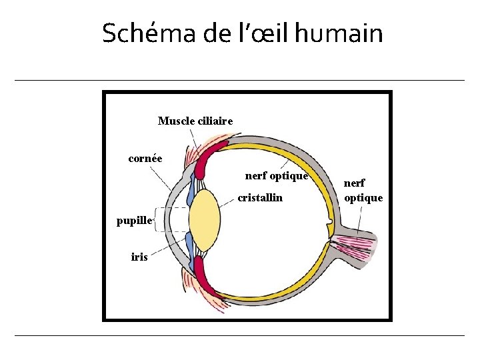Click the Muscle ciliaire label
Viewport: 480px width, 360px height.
(x=195, y=121)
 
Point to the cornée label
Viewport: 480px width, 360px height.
(x=145, y=159)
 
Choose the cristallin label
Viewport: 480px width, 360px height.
(x=260, y=198)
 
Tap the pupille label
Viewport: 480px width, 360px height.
(x=135, y=221)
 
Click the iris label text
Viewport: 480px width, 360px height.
(x=139, y=257)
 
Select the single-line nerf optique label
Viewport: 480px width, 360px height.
(x=276, y=177)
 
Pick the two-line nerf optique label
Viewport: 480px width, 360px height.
(x=363, y=190)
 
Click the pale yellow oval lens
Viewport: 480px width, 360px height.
(x=204, y=219)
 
